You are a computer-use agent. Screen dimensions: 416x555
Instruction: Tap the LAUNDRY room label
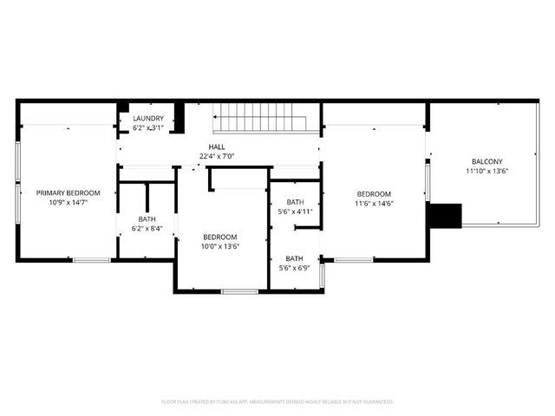coord(148,119)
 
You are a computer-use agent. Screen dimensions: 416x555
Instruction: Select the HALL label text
coord(217,146)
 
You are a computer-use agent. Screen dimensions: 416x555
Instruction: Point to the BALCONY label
coord(486,161)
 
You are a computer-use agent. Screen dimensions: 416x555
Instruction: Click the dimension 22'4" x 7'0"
coord(217,156)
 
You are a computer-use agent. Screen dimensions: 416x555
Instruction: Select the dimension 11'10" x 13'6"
coord(486,171)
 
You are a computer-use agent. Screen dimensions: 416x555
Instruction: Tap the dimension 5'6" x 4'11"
coord(295,211)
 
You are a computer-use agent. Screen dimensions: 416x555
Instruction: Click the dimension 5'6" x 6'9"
coord(295,268)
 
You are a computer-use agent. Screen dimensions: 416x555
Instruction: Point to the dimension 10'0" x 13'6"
coord(220,246)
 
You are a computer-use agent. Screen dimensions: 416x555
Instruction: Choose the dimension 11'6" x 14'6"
coord(374,204)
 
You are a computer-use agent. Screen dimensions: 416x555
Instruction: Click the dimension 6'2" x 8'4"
coord(147,229)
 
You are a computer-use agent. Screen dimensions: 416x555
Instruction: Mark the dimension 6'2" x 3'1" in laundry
coord(148,128)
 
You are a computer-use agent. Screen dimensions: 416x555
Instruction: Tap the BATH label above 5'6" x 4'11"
coord(295,202)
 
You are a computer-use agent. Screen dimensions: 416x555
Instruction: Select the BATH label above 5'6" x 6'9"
coord(295,258)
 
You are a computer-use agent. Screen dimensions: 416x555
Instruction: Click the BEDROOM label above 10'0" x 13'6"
coord(220,237)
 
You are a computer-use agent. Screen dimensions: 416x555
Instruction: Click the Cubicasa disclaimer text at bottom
coord(277,401)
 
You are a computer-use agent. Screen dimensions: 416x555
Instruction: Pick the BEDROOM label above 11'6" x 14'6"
coord(374,194)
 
